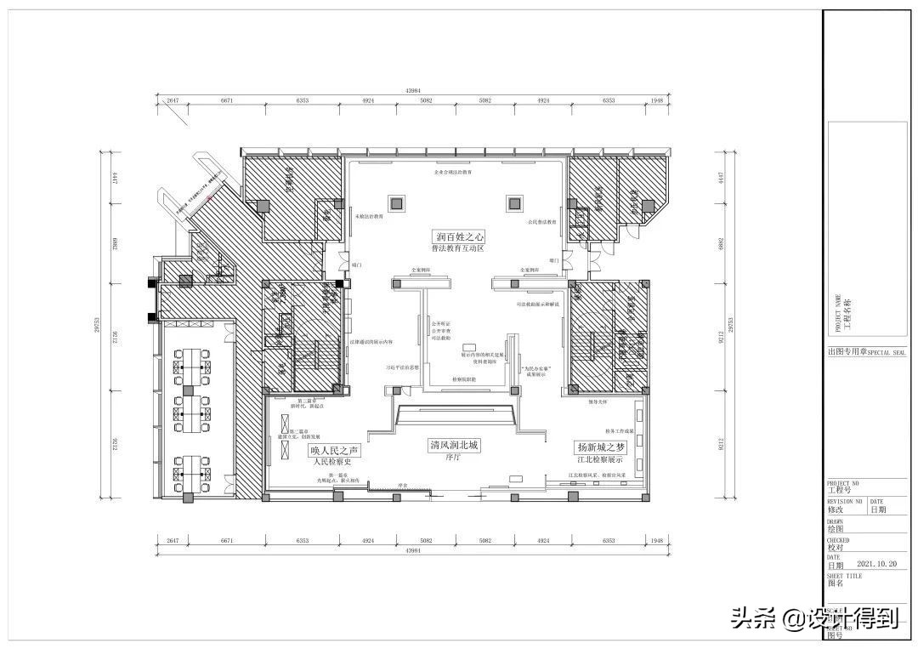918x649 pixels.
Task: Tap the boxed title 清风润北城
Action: (454, 445)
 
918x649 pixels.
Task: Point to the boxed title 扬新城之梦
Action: (600, 447)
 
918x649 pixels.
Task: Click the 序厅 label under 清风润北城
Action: (452, 457)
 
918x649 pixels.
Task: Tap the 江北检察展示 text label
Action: (600, 459)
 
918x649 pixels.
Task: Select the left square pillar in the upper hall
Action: (396, 202)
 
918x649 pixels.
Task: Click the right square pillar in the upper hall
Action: (513, 202)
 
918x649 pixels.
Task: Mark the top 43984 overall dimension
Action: (414, 90)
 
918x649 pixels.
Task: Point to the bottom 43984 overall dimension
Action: (414, 551)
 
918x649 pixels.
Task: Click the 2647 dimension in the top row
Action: (172, 100)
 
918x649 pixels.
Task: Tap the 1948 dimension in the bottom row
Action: (656, 540)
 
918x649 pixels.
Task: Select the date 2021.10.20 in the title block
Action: (876, 563)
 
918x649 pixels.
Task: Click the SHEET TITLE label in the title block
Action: (844, 576)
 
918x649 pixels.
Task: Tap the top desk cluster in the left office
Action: (192, 362)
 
